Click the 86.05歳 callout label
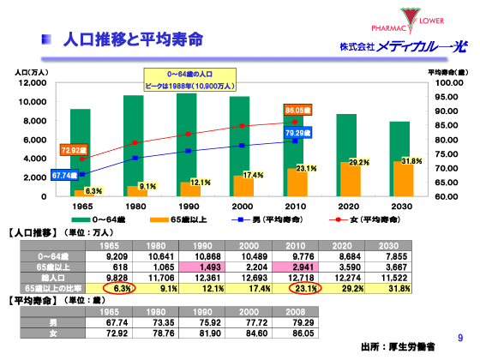coord(298,111)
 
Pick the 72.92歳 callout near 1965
coord(74,150)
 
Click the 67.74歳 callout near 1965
coord(65,175)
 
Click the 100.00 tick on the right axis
coord(448,83)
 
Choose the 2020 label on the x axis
coord(347,207)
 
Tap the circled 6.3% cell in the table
coord(116,288)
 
